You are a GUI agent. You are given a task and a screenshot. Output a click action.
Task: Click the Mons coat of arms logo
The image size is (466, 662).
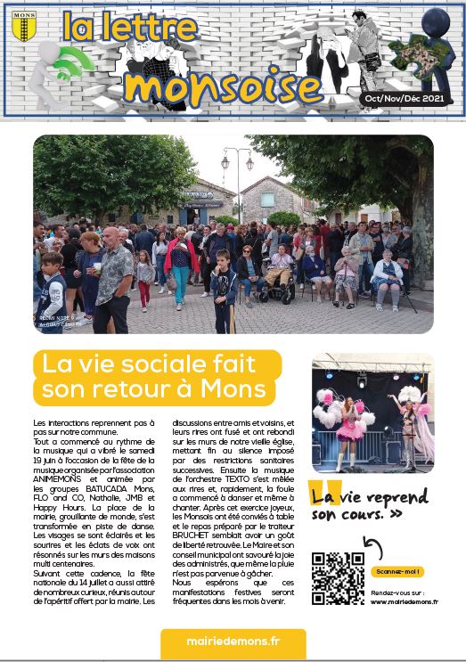tap(24, 27)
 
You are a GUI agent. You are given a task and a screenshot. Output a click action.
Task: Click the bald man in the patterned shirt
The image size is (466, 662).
tap(112, 276)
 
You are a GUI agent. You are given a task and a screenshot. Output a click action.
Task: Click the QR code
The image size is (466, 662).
tap(338, 578)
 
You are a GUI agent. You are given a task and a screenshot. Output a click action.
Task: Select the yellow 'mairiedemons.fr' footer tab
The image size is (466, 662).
tap(233, 643)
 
